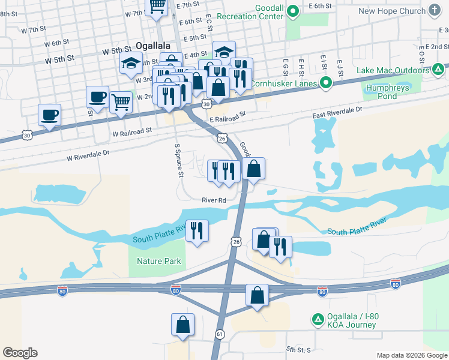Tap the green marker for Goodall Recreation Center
click(293, 11)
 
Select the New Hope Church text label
click(391, 11)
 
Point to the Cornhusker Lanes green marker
click(326, 83)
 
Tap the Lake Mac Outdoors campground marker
click(438, 71)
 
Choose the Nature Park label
click(158, 261)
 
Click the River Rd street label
click(214, 200)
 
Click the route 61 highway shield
click(220, 334)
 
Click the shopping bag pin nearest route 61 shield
click(182, 325)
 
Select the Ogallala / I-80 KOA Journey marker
click(317, 319)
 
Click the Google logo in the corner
click(20, 353)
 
